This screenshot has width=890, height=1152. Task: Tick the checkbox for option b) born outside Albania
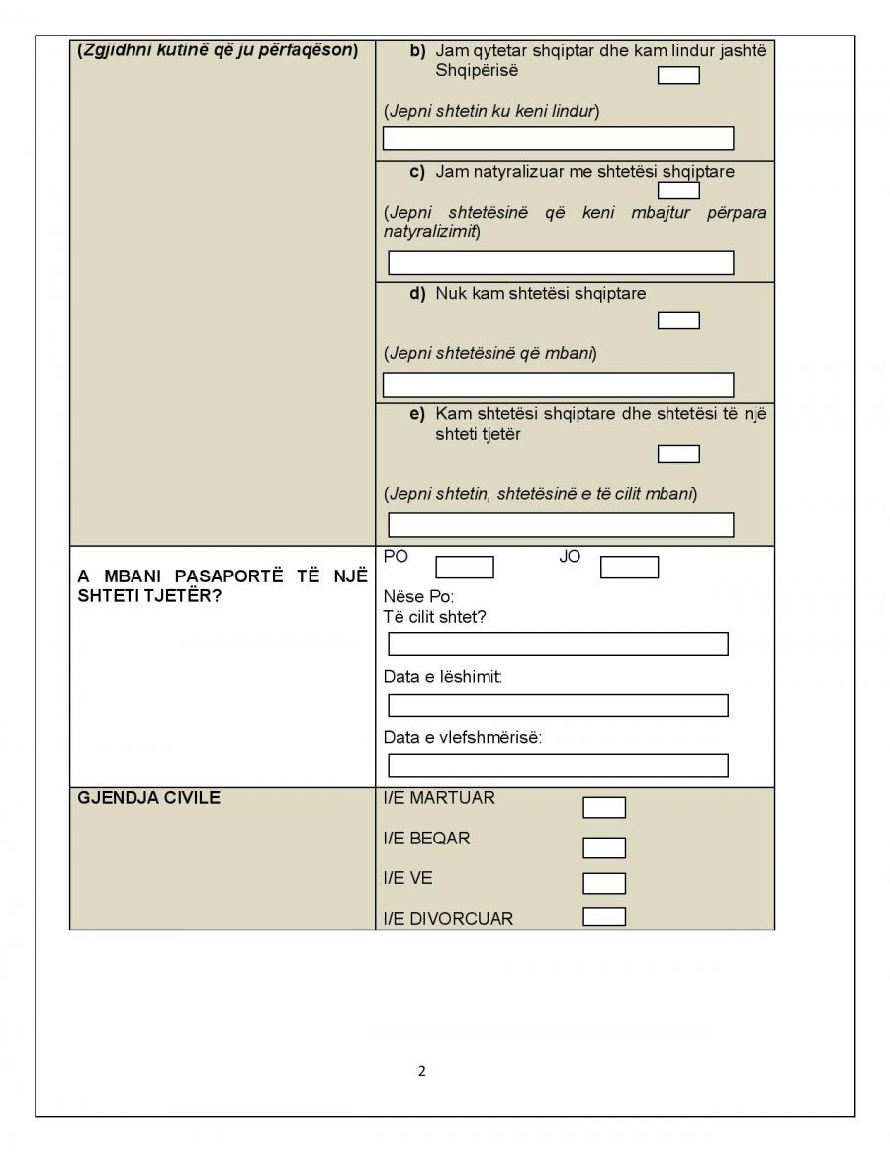678,75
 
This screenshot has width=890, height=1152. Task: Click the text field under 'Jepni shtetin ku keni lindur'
558,138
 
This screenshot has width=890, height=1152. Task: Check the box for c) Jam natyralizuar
678,190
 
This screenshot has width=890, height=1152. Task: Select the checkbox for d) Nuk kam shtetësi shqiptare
678,320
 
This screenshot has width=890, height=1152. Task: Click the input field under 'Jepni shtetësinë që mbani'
558,385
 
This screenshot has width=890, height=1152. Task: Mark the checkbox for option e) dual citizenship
678,454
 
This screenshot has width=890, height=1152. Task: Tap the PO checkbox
464,568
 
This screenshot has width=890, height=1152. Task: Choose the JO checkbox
629,568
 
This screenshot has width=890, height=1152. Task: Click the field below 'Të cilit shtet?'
558,644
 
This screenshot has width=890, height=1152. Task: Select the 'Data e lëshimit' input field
558,705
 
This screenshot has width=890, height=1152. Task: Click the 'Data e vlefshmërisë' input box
558,766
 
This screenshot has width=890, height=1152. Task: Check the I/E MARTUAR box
604,808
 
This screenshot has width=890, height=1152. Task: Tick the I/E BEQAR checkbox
604,847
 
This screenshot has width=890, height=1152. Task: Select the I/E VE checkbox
604,883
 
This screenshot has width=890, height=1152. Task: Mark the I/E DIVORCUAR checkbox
604,916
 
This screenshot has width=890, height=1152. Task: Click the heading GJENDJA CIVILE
148,798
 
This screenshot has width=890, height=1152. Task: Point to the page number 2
422,1070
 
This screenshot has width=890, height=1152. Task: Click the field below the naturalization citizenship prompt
561,262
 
